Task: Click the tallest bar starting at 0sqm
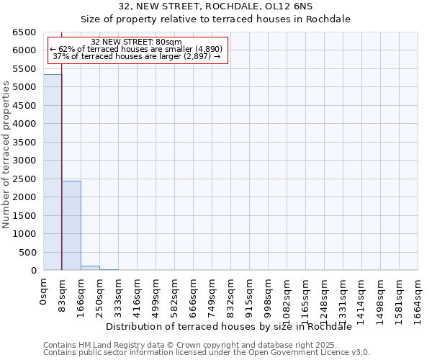[53, 173]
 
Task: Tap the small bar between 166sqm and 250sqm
[90, 268]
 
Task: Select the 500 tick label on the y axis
[28, 253]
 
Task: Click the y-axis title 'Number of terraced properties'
[6, 155]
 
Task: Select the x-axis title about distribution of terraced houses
[233, 326]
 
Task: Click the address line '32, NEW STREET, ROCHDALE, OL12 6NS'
[215, 6]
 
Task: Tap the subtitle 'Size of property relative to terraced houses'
[215, 19]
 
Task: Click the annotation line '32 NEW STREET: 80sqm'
[137, 42]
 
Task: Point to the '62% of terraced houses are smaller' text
[137, 49]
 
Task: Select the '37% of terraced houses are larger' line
[137, 56]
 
